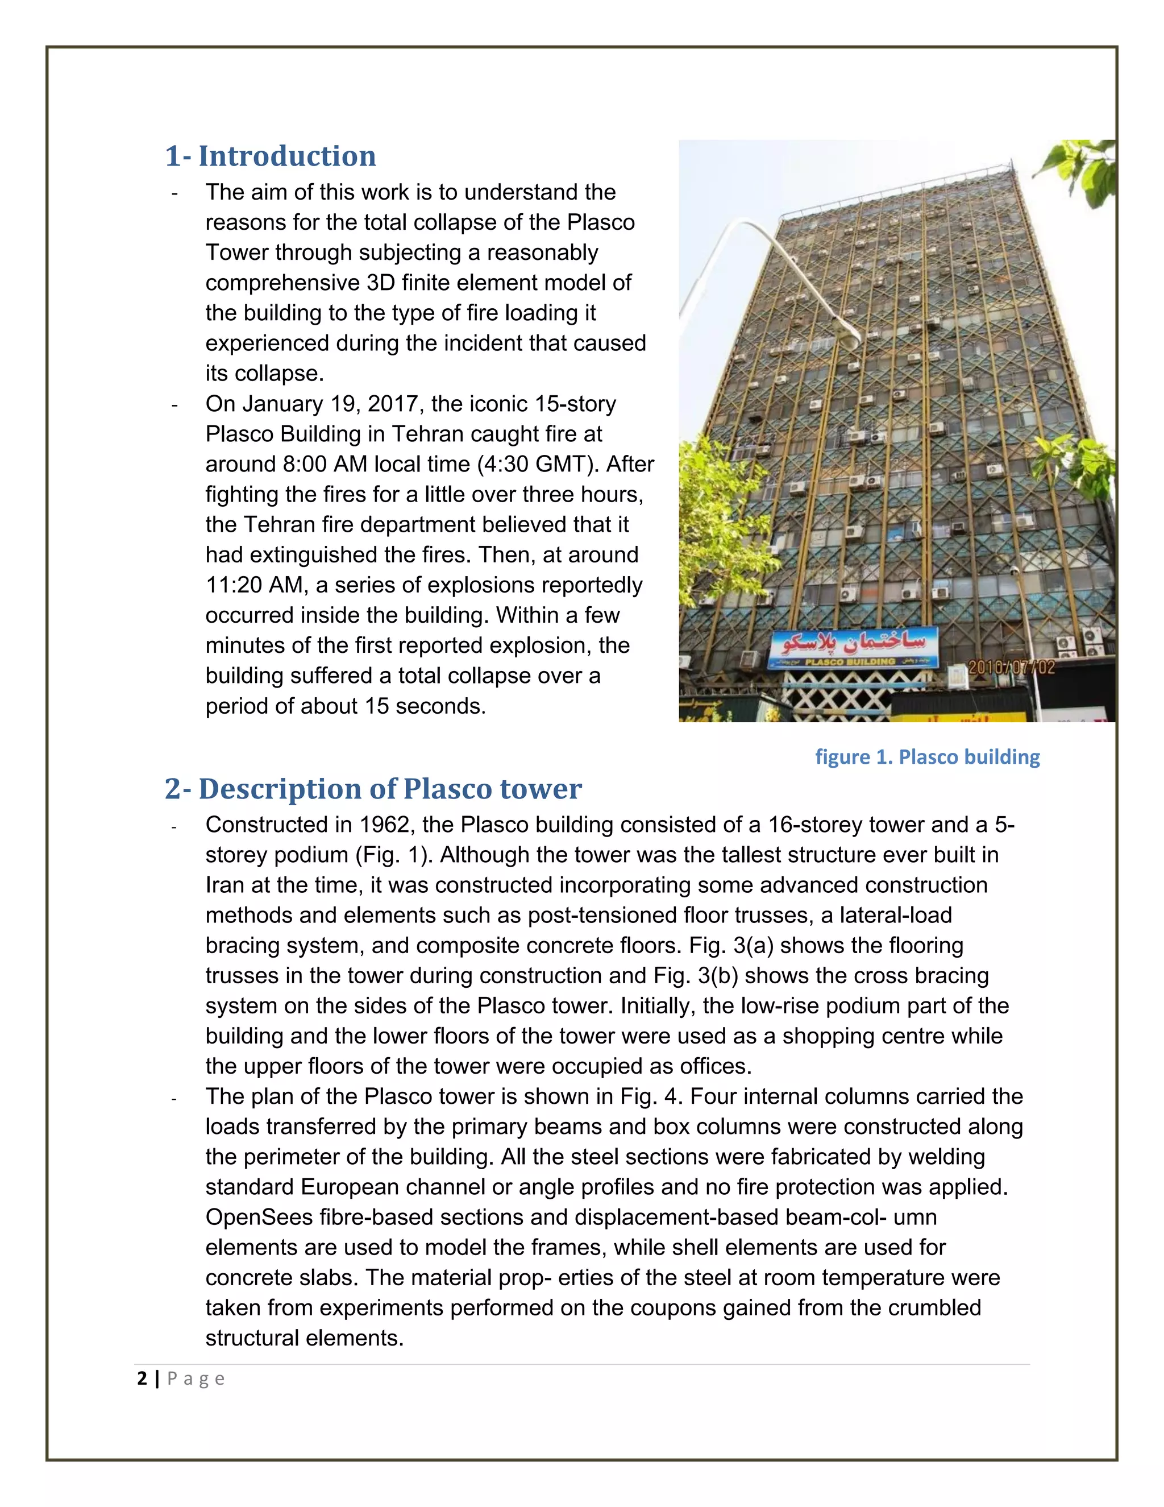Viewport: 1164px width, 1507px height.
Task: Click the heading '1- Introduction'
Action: (271, 156)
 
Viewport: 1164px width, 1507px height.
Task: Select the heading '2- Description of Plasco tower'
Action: (373, 789)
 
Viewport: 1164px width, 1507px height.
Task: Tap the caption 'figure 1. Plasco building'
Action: (927, 757)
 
